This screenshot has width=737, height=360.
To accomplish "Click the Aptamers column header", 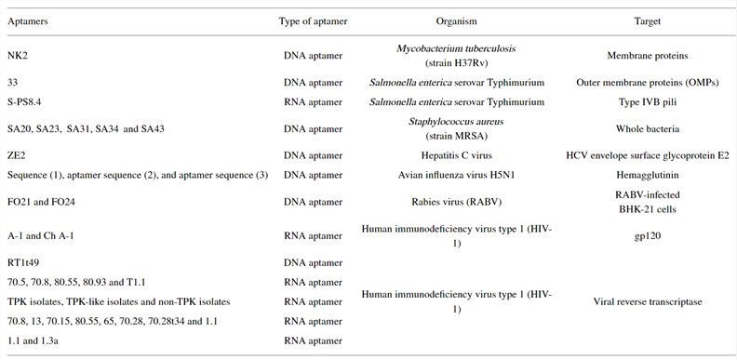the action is point(29,20).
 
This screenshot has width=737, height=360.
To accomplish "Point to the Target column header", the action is point(644,20).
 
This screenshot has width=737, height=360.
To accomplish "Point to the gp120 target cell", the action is point(644,237).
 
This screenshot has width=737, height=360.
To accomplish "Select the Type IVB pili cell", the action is point(644,101).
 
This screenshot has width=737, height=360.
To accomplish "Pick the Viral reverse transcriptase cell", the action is point(644,301).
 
